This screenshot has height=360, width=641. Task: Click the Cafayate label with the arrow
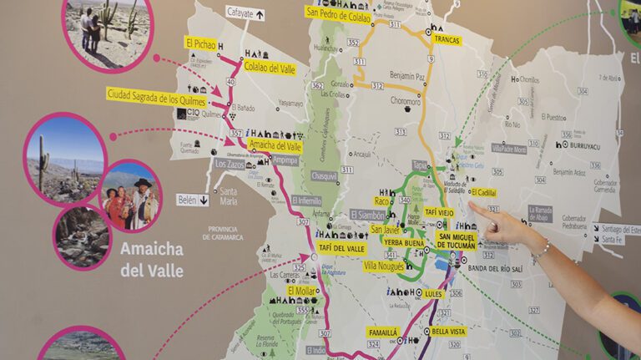pos(245,13)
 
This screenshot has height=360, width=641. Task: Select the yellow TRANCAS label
pos(447,39)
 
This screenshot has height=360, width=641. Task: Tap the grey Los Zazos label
pos(230,164)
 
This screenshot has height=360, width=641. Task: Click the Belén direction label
pos(192,200)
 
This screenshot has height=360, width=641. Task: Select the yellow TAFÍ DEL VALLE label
pos(342,248)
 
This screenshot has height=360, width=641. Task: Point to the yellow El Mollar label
pos(301,291)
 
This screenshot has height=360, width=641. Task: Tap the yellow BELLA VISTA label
pos(449,332)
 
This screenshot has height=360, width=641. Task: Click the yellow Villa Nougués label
pos(384,266)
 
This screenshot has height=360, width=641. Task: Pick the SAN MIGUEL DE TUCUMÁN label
pos(457,242)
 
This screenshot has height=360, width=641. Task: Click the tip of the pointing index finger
pos(473,205)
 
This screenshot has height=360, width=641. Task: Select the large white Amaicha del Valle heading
pos(150,260)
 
